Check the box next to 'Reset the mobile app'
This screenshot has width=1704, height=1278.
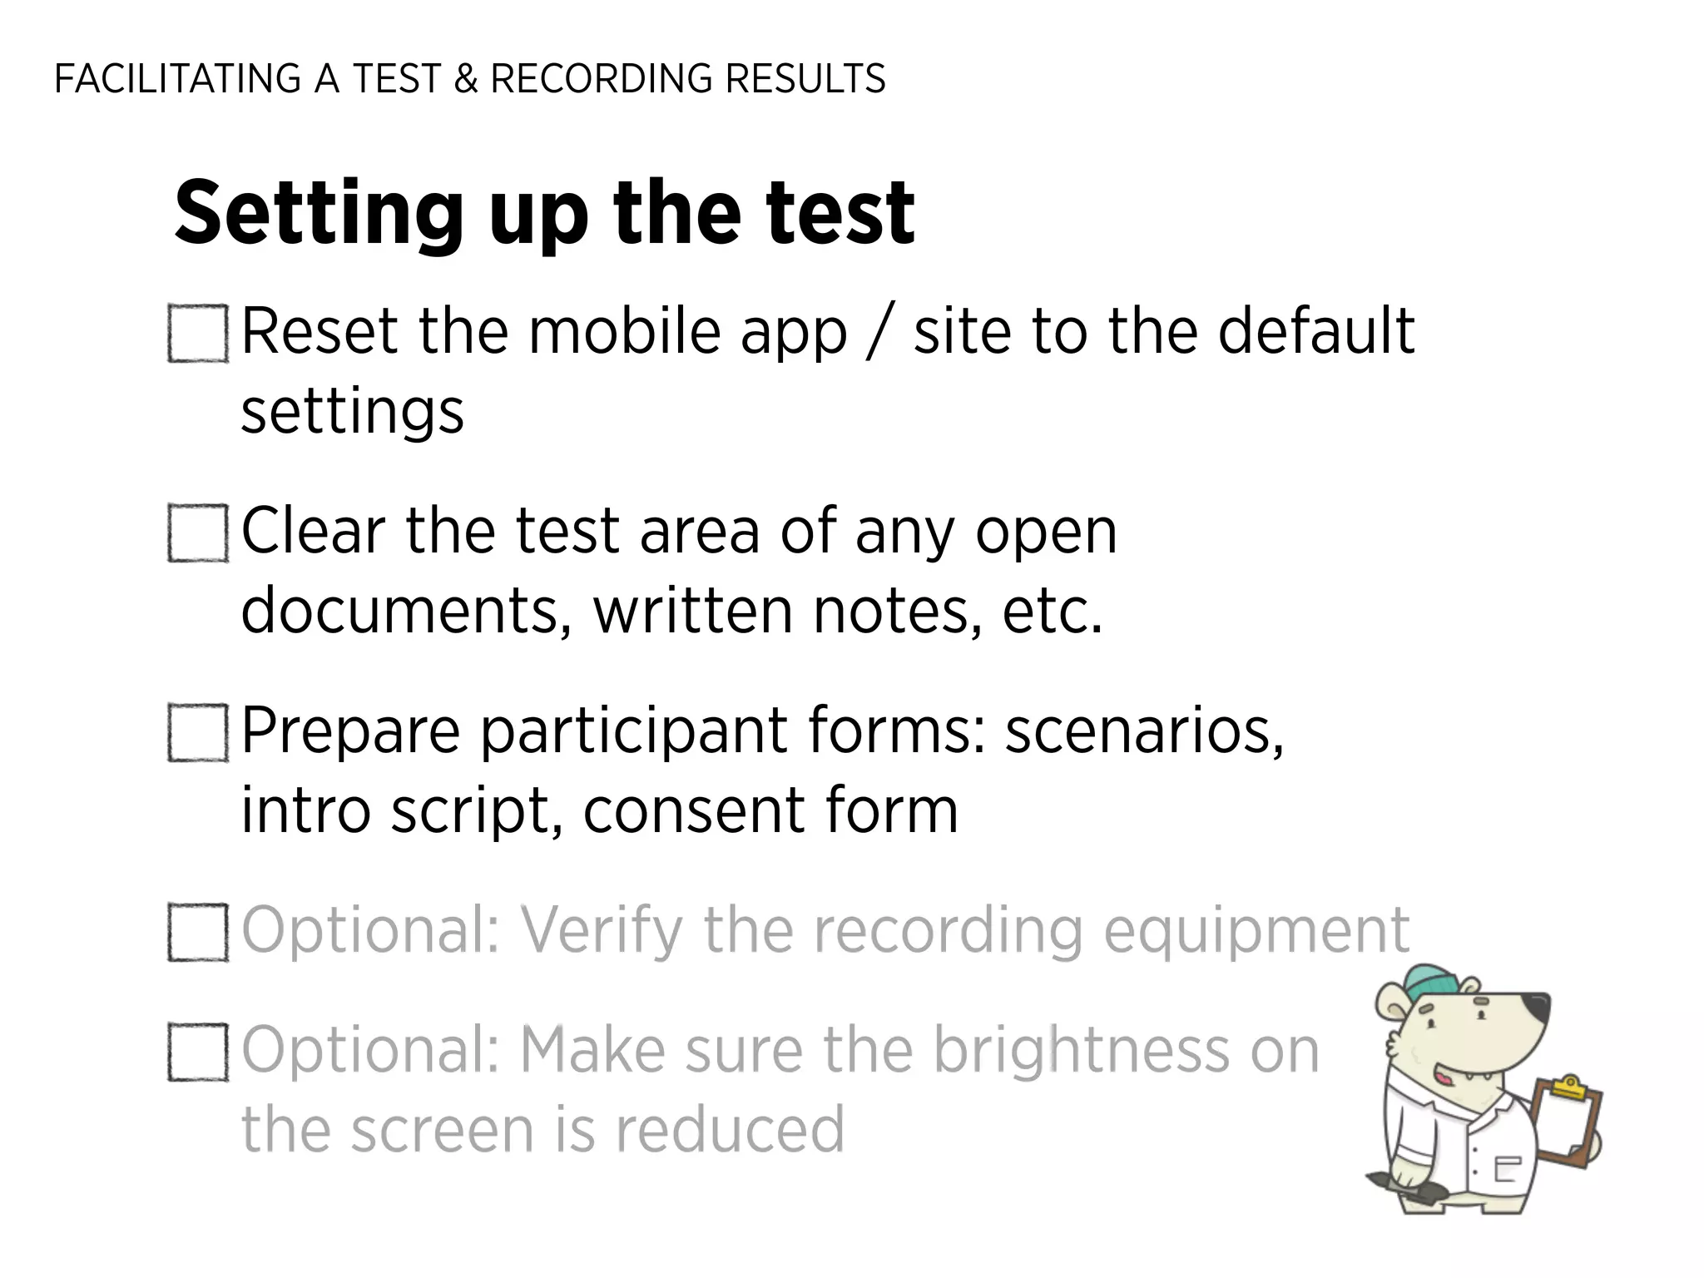[x=198, y=334]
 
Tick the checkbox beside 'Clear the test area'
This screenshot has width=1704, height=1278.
[x=198, y=533]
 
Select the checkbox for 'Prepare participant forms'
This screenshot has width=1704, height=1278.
[x=198, y=733]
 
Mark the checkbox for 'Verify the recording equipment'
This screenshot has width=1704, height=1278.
[x=198, y=933]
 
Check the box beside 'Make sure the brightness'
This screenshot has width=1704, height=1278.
[x=198, y=1053]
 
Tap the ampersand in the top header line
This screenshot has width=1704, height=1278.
[x=467, y=79]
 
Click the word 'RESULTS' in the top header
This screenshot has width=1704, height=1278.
[x=805, y=79]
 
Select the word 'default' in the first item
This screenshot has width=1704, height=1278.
[x=1316, y=332]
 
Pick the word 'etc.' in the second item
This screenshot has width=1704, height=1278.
[x=1052, y=611]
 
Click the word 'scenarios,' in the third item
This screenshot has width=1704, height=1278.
[x=1144, y=731]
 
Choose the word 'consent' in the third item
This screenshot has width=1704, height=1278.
[x=694, y=810]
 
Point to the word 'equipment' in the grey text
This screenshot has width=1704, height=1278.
[x=1256, y=931]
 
